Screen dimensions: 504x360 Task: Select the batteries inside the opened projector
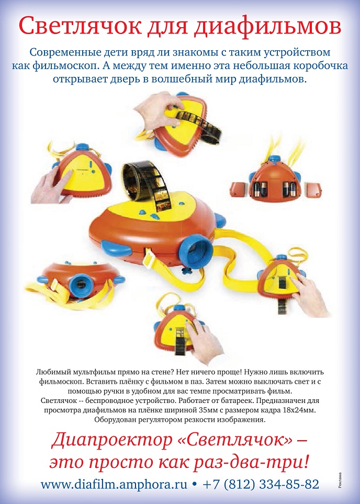point(273,187)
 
